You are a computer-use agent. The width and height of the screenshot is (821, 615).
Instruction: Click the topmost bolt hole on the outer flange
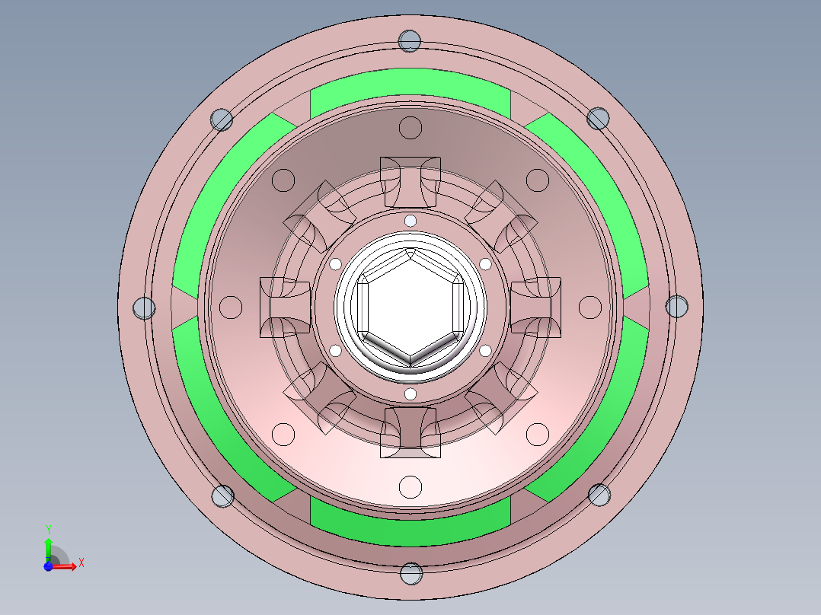point(410,40)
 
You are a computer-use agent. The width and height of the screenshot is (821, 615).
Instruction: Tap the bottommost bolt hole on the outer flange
point(410,573)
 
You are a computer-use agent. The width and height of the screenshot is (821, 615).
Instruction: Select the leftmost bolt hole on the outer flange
point(144,307)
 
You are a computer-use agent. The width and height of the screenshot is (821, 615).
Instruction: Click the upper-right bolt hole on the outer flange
point(599,118)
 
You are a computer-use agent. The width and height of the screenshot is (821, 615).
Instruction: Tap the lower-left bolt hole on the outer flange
point(222,496)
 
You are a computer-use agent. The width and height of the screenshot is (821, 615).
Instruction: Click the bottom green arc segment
point(410,527)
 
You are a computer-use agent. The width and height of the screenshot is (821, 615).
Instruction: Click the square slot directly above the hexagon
point(410,181)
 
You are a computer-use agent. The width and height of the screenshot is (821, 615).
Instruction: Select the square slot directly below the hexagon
point(410,432)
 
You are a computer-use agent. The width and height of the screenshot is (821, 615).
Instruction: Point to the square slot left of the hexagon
point(285,307)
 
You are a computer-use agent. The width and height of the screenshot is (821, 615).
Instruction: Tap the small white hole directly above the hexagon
point(410,221)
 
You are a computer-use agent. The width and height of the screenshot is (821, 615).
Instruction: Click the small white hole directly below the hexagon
point(410,394)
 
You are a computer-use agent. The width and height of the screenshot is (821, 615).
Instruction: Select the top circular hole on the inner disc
point(410,127)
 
